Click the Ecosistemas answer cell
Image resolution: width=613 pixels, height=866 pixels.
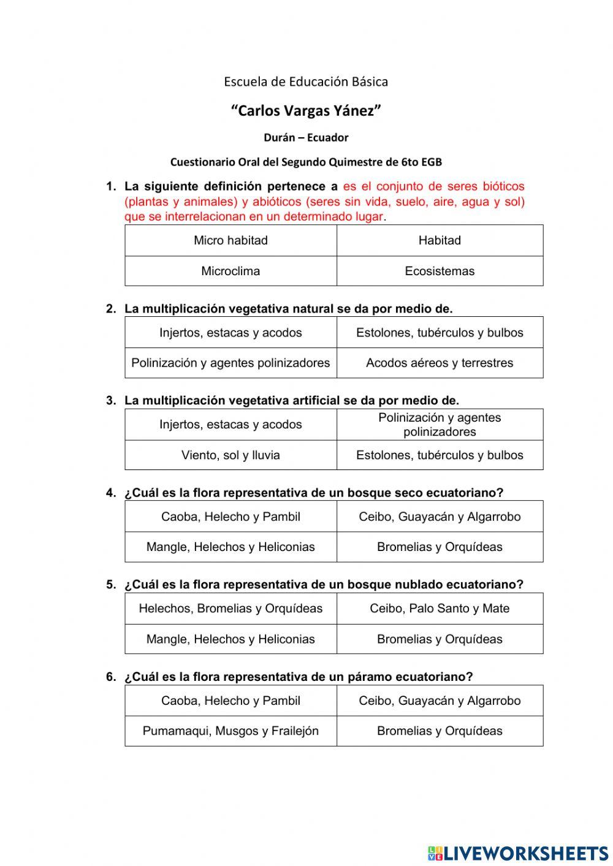click(x=440, y=271)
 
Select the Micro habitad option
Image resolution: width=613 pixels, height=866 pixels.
click(x=230, y=240)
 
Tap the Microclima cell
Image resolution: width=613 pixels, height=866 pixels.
click(x=230, y=271)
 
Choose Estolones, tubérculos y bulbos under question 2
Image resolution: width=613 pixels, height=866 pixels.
click(x=440, y=333)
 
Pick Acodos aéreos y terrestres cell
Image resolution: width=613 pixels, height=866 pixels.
click(x=440, y=363)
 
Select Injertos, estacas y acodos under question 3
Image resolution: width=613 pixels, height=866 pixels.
click(x=230, y=424)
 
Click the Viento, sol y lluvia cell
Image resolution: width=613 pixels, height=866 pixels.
click(x=230, y=455)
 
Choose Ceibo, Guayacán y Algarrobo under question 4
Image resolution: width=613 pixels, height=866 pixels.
click(x=440, y=517)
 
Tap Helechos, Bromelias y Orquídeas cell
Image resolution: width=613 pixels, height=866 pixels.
click(x=230, y=609)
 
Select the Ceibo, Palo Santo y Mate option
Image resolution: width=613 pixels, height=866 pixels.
click(x=440, y=609)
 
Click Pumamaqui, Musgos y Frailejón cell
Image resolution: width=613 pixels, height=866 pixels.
click(x=230, y=731)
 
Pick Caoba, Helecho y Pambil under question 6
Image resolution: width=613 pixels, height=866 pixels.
click(x=230, y=701)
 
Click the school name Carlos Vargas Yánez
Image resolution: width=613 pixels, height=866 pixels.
click(x=306, y=111)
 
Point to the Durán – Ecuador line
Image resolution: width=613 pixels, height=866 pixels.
click(x=306, y=137)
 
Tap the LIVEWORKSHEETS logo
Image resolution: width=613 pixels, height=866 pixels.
click(x=518, y=853)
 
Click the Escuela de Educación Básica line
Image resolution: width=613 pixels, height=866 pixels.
click(x=306, y=81)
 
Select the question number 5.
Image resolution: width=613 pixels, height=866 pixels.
click(x=110, y=585)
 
